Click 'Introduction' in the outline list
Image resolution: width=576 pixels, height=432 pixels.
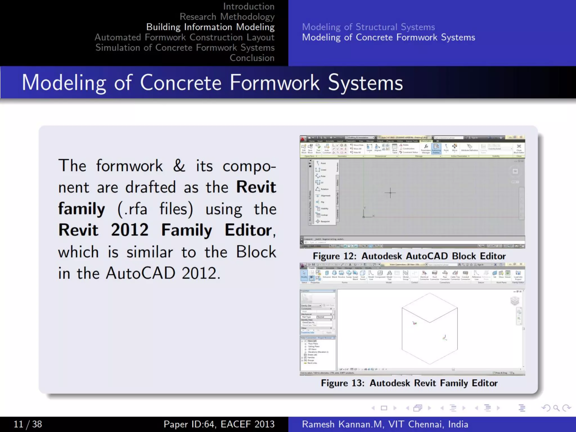249,6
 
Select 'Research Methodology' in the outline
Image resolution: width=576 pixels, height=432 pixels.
227,17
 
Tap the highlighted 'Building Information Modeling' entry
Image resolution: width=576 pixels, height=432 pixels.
210,27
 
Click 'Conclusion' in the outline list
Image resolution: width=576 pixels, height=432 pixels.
252,58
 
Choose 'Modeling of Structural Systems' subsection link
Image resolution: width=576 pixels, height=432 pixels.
368,27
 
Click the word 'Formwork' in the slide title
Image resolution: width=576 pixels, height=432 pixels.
274,83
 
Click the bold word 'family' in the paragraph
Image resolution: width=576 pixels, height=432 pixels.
82,209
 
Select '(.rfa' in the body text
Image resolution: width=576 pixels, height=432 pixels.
132,209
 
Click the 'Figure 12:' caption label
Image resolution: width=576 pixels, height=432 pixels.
334,256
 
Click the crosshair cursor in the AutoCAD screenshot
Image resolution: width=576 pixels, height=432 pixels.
390,193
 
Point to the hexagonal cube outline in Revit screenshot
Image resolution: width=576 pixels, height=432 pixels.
429,328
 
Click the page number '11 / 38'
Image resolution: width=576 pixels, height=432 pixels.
28,424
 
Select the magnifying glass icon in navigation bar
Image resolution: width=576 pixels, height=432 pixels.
556,408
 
